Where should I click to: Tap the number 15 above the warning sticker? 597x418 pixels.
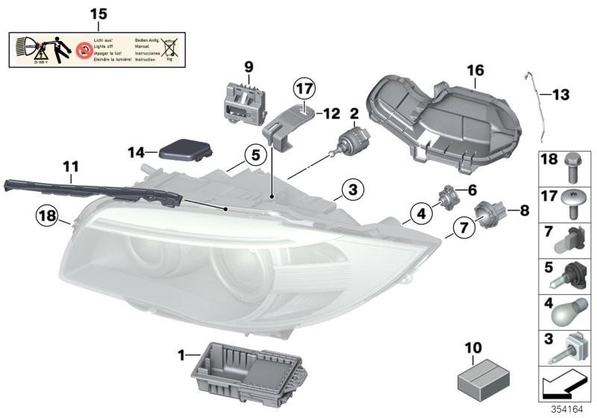pyautogui.click(x=99, y=14)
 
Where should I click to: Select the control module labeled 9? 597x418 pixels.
pyautogui.click(x=244, y=99)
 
